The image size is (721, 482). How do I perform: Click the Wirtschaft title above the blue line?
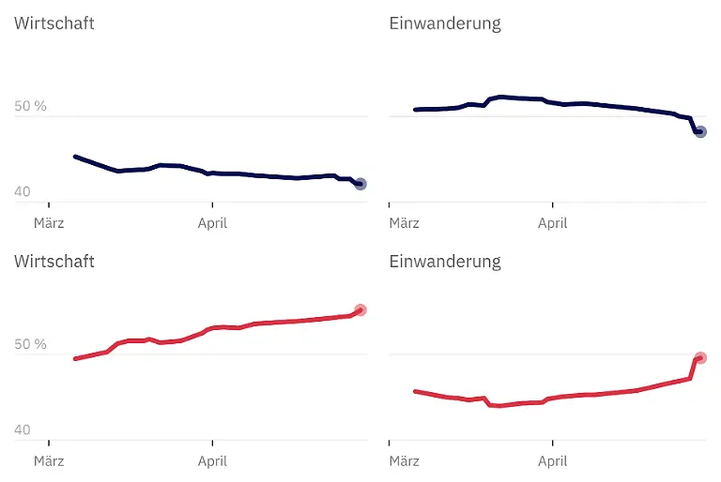tap(54, 23)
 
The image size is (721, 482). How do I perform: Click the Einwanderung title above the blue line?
tap(445, 23)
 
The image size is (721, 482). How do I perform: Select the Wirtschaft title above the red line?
tap(54, 262)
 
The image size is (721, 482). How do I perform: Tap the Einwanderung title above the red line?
tap(445, 262)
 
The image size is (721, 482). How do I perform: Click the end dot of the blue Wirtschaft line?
tap(360, 185)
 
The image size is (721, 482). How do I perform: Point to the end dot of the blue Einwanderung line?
tap(700, 132)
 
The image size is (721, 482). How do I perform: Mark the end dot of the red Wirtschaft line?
tap(360, 310)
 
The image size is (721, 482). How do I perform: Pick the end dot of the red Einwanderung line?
tap(700, 358)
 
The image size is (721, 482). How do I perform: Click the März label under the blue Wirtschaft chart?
tap(49, 223)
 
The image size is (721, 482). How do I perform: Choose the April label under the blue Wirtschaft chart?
tap(212, 223)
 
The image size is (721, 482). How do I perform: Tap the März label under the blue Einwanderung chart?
tap(405, 223)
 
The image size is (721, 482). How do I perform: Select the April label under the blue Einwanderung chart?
tap(553, 223)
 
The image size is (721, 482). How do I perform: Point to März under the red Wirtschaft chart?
tap(49, 461)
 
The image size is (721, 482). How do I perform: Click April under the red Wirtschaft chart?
tap(212, 461)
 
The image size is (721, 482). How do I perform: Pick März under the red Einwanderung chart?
tap(405, 461)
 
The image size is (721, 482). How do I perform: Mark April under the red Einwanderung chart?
tap(553, 461)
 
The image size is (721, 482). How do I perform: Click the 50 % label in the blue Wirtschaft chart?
tap(30, 107)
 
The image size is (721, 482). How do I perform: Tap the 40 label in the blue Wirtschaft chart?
tap(23, 192)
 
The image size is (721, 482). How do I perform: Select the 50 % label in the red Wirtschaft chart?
tap(30, 345)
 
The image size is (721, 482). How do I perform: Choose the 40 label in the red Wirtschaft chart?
tap(23, 430)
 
